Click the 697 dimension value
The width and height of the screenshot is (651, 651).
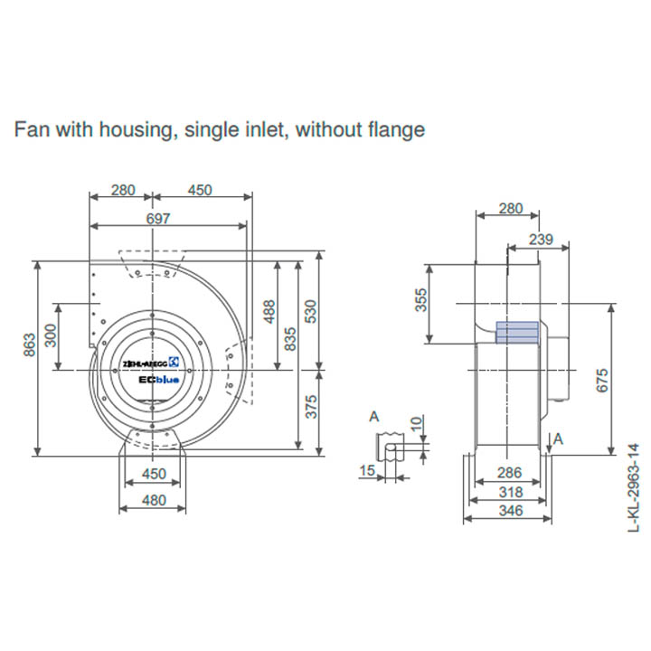(x=159, y=218)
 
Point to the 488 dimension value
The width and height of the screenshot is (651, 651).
(x=268, y=312)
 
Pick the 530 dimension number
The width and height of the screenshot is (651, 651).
(x=313, y=311)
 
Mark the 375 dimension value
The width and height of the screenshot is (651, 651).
(x=313, y=409)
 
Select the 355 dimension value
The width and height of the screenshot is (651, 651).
(x=420, y=301)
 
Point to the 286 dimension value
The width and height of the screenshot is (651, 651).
(x=509, y=473)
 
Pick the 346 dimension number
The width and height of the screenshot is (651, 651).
(x=509, y=512)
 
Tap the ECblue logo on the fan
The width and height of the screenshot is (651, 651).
(x=160, y=381)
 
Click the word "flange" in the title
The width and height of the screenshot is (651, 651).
(x=394, y=129)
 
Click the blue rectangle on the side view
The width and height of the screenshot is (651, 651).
(x=518, y=332)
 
